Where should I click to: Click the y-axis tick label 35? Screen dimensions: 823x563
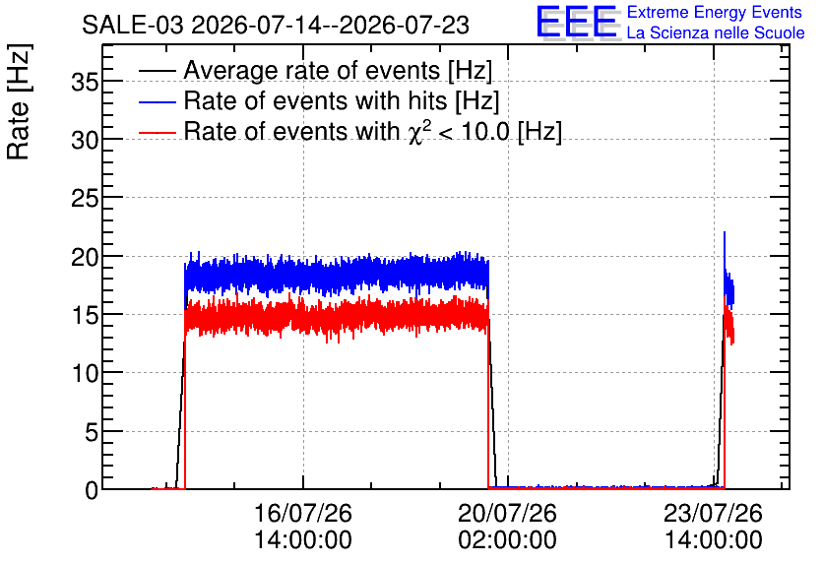(x=85, y=82)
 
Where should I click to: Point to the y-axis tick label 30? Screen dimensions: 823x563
(x=85, y=140)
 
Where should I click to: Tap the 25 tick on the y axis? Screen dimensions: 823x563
(x=85, y=198)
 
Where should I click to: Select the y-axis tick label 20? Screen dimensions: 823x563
(x=85, y=257)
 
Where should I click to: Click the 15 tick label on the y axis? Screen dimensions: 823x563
(x=85, y=315)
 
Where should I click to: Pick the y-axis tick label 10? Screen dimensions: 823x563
(x=85, y=373)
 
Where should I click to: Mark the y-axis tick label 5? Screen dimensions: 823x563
(x=92, y=432)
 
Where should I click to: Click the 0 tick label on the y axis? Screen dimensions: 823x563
(x=92, y=490)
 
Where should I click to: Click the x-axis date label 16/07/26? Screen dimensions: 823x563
(x=303, y=513)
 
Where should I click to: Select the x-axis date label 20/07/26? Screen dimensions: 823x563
(x=508, y=513)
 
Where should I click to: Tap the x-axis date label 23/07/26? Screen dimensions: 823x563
(x=714, y=513)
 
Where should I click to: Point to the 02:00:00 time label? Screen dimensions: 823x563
(x=508, y=539)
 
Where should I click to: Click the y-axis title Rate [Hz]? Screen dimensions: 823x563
(x=19, y=101)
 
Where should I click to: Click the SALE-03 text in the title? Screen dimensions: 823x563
(x=133, y=25)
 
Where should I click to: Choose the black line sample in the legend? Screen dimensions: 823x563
(x=157, y=71)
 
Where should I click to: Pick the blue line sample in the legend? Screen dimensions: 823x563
(x=157, y=101)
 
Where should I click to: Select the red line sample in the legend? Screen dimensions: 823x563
(x=157, y=132)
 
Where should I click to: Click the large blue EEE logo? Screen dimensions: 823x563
(x=577, y=22)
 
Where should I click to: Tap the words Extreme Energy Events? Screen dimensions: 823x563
(x=715, y=12)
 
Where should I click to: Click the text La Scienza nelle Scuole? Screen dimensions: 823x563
(x=716, y=32)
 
